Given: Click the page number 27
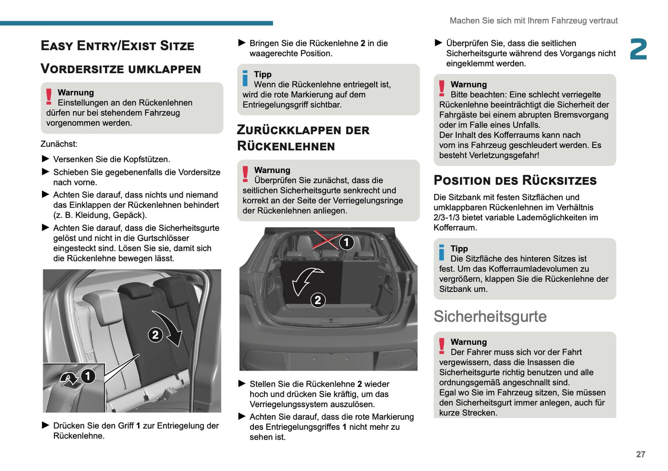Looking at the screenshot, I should (x=640, y=454).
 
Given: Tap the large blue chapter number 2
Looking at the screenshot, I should (x=638, y=50).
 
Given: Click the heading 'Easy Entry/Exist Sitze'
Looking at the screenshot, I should (x=117, y=46).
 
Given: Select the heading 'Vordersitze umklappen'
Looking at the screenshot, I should (x=121, y=69).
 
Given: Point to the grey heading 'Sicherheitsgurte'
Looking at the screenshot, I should (x=490, y=316).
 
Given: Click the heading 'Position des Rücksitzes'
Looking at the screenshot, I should (x=515, y=180).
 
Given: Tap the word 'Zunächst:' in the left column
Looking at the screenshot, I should (x=59, y=144).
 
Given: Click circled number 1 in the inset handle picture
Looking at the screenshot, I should (x=88, y=376).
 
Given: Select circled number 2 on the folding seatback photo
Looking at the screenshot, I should (x=155, y=335).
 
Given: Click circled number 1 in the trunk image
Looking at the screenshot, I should (x=346, y=242).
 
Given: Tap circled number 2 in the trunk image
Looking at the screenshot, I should (x=318, y=300).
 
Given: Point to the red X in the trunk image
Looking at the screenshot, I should (x=327, y=240).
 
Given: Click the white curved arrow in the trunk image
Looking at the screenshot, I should (x=306, y=279).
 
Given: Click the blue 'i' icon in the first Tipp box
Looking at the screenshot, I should (x=245, y=79).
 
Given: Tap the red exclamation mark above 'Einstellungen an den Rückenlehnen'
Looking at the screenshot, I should (x=49, y=97).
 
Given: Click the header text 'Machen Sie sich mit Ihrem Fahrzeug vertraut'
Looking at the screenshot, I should (x=533, y=21).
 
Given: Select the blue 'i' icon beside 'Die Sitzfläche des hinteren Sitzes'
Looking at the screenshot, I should (x=441, y=253).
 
